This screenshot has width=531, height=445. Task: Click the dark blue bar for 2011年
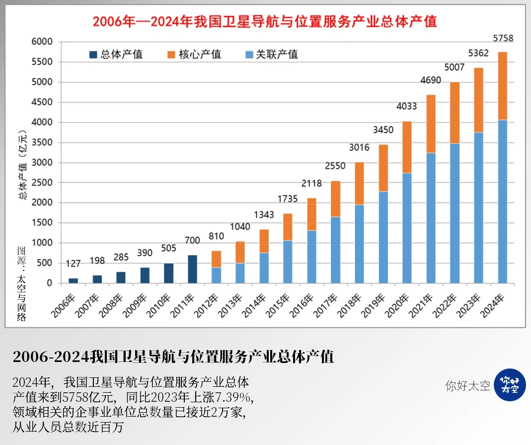[x=192, y=269]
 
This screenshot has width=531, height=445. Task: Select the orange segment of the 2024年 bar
[x=503, y=86]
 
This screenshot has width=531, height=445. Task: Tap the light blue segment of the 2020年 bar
[x=407, y=228]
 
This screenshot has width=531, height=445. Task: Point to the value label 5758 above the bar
[x=503, y=38]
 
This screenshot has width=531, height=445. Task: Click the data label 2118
[x=311, y=183]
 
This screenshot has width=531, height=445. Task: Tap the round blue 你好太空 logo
[x=510, y=385]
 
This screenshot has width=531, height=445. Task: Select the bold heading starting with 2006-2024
[x=173, y=357]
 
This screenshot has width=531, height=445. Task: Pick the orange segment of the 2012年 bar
[x=216, y=259]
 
